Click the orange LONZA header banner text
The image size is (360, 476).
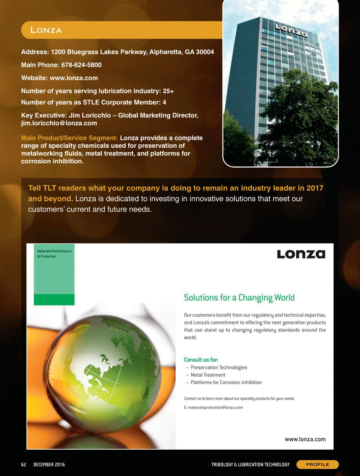pos(46,30)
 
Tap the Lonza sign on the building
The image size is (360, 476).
pos(291,31)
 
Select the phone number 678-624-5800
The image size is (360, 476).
pos(81,65)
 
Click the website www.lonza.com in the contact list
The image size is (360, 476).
pos(74,78)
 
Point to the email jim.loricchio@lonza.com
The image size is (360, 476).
pos(59,123)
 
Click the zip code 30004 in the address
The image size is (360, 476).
pos(205,52)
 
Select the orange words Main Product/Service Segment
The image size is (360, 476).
pos(69,138)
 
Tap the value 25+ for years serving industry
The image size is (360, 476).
pos(168,91)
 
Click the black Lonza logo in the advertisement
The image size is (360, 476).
pos(301,254)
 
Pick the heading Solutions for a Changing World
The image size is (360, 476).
pos(239,298)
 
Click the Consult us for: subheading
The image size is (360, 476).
pos(201,360)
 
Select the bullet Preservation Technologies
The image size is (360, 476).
pos(219,367)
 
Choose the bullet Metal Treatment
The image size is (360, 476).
pos(208,375)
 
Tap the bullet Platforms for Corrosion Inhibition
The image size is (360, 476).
pos(226,383)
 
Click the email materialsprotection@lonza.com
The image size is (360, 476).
pos(215,407)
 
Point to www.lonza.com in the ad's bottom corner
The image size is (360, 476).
pos(305,439)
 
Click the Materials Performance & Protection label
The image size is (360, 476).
pos(54,254)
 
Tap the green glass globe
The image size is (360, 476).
pos(105,372)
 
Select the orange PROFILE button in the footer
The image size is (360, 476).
pos(317,464)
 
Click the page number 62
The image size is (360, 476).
pos(24,464)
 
